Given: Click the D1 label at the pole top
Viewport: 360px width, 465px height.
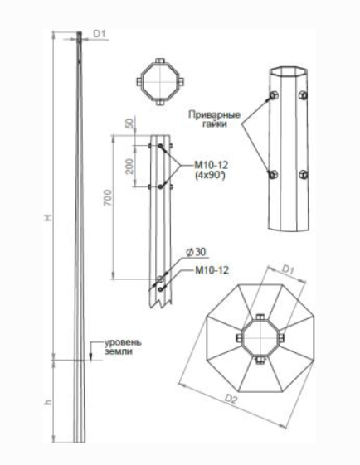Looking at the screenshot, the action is click(100, 34).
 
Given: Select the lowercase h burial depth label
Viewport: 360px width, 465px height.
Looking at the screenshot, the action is click(48, 402).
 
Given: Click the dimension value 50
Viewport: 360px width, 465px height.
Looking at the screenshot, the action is click(130, 124).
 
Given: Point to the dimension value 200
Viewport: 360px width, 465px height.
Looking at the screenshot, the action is click(129, 166).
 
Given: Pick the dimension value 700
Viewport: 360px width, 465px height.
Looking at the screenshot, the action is click(108, 198).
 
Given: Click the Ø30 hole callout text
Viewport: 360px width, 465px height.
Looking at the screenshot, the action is click(196, 252).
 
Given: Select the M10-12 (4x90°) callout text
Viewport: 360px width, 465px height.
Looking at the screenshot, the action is click(212, 170).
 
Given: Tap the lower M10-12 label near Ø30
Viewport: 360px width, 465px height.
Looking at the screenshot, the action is click(212, 270).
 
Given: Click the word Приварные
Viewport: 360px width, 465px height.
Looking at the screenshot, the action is click(214, 114).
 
